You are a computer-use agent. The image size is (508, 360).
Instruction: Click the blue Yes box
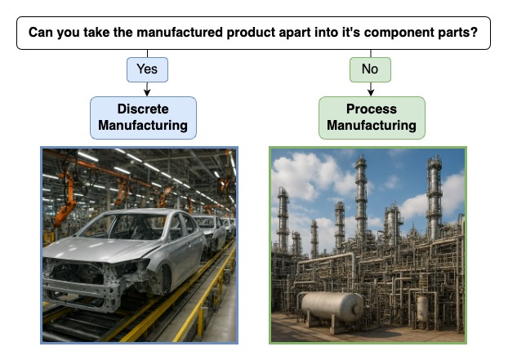pos(147,69)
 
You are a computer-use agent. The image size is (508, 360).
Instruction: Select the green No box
pos(370,69)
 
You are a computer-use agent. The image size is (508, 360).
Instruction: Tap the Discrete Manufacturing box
pos(143,118)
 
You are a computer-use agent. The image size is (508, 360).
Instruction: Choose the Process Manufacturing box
pos(372,118)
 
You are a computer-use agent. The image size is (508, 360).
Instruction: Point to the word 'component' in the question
pos(399,33)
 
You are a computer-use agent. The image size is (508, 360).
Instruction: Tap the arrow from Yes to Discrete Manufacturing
pos(147,89)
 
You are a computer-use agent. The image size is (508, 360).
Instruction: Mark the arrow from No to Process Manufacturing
pos(371,89)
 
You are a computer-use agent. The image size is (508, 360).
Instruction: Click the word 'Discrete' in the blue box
pos(143,109)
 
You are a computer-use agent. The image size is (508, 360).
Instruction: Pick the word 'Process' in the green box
pos(372,109)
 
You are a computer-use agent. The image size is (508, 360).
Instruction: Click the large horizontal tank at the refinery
pos(332,307)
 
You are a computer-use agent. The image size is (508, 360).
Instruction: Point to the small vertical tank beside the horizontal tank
pos(422,309)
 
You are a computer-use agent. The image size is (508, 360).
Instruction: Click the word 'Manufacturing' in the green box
pos(372,125)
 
